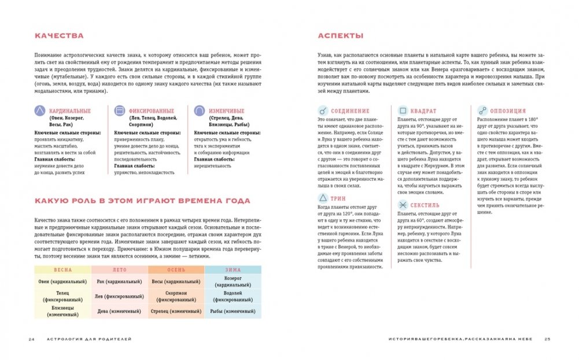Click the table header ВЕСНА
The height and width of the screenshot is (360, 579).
pyautogui.click(x=62, y=270)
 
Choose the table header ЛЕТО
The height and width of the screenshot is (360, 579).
pyautogui.click(x=119, y=270)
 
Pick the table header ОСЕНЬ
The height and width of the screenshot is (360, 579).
pyautogui.click(x=176, y=270)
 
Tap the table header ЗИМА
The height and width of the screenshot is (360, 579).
pyautogui.click(x=233, y=270)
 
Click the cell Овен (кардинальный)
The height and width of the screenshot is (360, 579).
pyautogui.click(x=62, y=282)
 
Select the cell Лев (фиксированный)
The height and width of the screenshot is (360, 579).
pyautogui.click(x=119, y=296)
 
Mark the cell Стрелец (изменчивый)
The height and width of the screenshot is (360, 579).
pyautogui.click(x=176, y=311)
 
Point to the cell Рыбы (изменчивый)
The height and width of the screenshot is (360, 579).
pyautogui.click(x=233, y=311)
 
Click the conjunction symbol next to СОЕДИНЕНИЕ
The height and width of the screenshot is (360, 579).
pyautogui.click(x=323, y=111)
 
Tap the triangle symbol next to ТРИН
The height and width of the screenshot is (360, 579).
pyautogui.click(x=323, y=199)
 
